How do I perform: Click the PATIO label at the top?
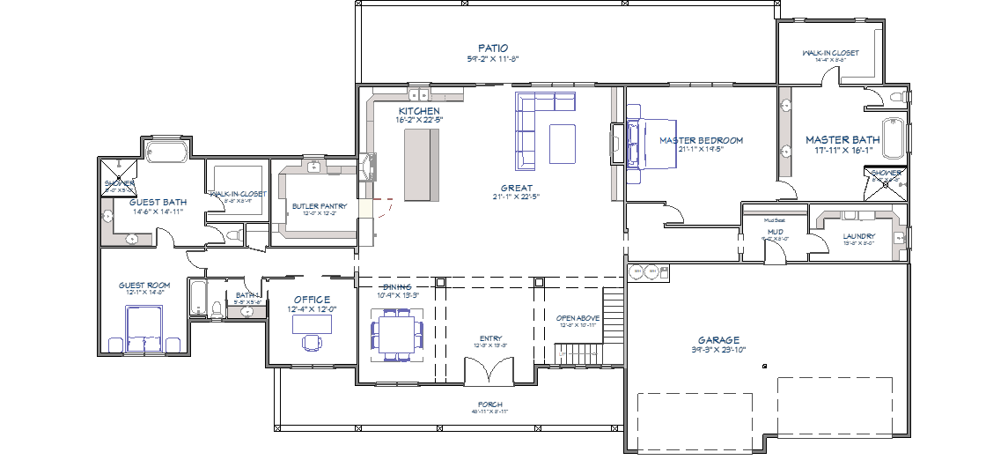click(493, 48)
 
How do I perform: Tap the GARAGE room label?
click(719, 340)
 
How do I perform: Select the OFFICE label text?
click(313, 300)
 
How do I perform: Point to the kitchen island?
click(421, 164)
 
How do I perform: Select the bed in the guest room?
click(144, 329)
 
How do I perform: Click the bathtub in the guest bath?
click(166, 151)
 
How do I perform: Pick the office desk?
click(313, 324)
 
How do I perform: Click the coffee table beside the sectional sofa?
click(563, 143)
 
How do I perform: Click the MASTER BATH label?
click(842, 140)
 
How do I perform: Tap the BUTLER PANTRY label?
click(320, 206)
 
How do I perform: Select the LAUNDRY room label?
click(858, 236)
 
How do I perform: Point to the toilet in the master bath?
click(898, 96)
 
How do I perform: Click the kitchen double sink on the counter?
click(418, 93)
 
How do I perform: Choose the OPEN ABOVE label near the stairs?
click(578, 318)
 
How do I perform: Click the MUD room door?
click(774, 253)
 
